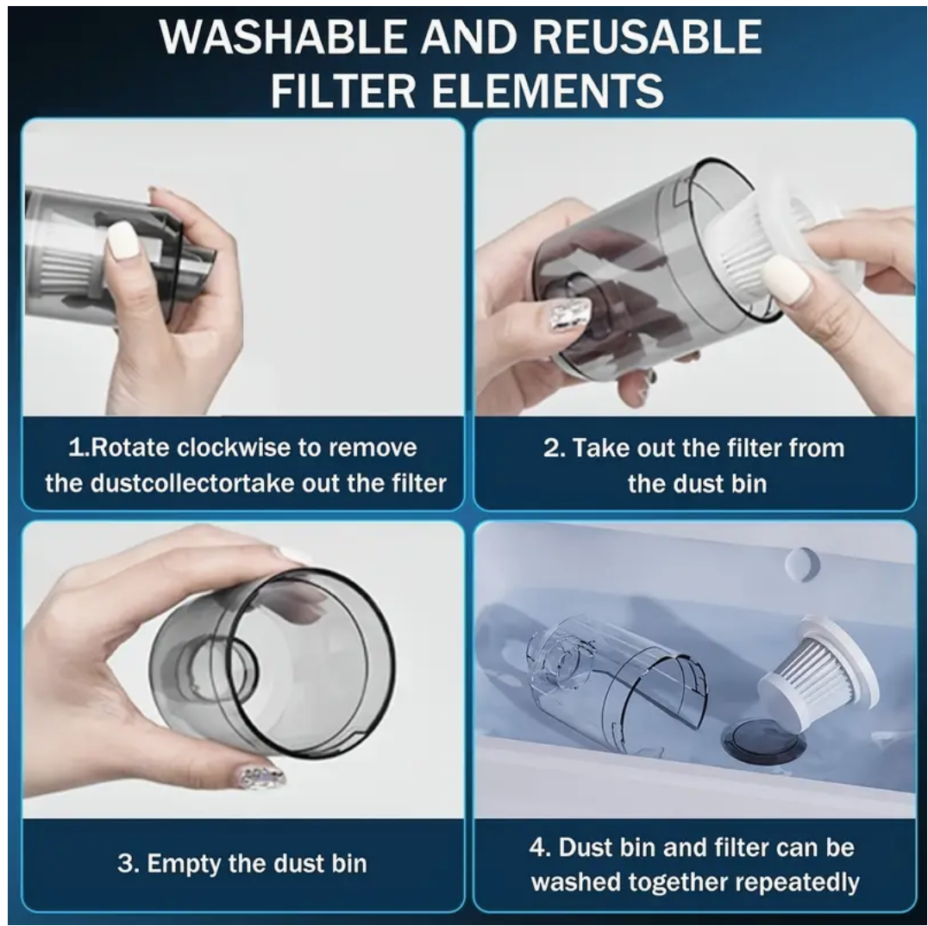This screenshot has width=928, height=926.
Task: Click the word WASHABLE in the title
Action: pos(284,37)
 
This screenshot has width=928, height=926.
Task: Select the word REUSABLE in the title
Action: pos(647,37)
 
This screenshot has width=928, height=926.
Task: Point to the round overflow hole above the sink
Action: pos(803,563)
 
